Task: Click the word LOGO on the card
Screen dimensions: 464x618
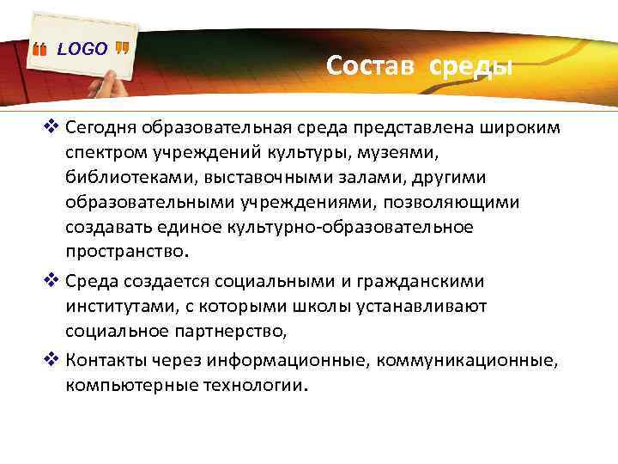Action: (82, 50)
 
